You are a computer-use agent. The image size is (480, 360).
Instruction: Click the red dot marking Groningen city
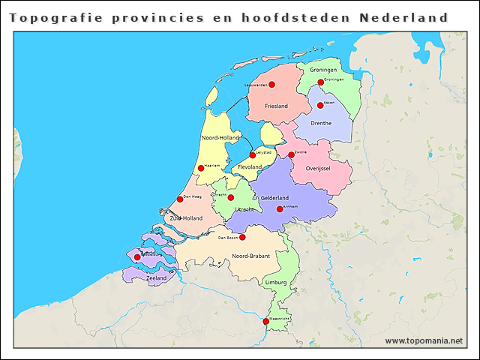coord(320,82)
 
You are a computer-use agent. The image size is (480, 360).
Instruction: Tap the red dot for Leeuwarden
coord(271,85)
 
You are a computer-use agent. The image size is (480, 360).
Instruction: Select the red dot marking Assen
coord(320,105)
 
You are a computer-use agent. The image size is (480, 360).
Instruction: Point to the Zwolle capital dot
coord(291,155)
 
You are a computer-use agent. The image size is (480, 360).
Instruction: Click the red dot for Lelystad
coord(253,155)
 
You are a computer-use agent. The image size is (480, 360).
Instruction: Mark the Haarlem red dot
coord(200,168)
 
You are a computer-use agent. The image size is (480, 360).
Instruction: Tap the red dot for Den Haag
coord(180,199)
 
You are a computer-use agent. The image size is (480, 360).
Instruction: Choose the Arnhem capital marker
coord(280,209)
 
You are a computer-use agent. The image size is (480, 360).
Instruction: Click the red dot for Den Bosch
coord(242,237)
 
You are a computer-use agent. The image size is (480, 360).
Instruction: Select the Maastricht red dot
coord(265,321)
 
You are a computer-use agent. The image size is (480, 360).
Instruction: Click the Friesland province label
coord(276,106)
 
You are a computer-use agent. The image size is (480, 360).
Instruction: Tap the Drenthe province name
coord(321,122)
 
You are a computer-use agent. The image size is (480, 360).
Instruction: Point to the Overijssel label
coord(318,169)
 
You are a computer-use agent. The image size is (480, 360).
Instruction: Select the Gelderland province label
coord(274,197)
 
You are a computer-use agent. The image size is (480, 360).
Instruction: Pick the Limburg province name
coord(275,282)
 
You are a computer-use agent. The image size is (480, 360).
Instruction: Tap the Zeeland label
coord(157,278)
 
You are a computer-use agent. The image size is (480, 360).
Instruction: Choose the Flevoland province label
coord(250,166)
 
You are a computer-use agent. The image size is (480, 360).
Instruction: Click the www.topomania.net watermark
coord(424,340)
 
